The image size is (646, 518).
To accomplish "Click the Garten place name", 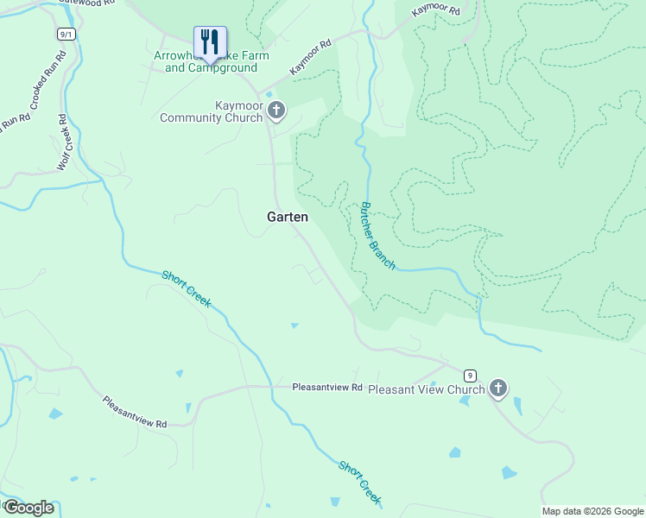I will point(287,218).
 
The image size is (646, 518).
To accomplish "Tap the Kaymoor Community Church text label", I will point(211,111).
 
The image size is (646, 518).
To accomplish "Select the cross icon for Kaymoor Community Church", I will point(276,111).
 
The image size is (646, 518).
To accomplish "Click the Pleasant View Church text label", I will point(427,389).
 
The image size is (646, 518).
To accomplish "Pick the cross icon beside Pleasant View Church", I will point(497,388).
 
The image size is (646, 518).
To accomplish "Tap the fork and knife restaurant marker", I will point(210,41).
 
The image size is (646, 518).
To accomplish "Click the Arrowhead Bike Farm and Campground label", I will point(211,61).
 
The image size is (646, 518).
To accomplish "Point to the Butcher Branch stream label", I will point(377,236).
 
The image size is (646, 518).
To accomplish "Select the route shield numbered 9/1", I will point(66,34).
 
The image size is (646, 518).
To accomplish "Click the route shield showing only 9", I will point(469,375).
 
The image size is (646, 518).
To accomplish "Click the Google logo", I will point(28,508).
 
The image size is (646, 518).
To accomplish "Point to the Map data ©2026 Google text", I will point(592,511).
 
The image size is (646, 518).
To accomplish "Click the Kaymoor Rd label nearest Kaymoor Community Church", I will point(311,56).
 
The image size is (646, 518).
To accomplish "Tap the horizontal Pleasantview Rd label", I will point(326,388).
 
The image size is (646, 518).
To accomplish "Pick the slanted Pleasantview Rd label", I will point(134,412).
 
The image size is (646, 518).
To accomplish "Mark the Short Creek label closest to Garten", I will point(187,288).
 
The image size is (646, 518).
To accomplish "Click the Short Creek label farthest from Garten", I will point(359,483).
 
